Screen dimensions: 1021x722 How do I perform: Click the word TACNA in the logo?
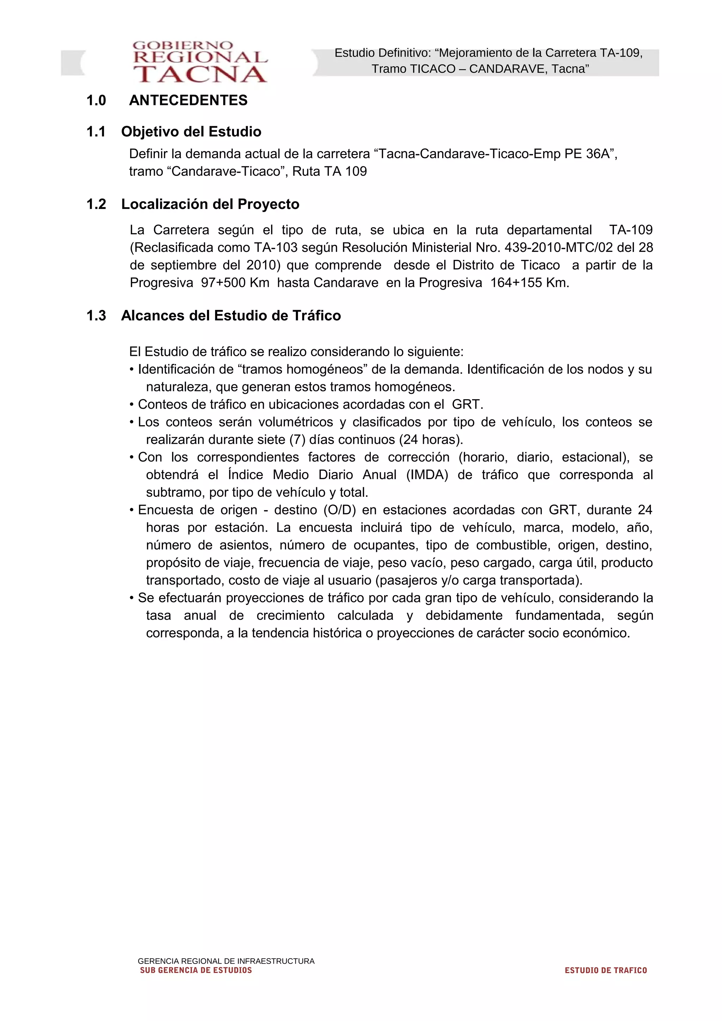coord(200,74)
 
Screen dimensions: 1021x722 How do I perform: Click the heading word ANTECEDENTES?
coord(188,100)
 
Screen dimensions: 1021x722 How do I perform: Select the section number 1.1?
coord(96,132)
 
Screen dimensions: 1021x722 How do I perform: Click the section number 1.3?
coord(96,316)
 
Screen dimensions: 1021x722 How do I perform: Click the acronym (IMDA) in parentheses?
coord(427,475)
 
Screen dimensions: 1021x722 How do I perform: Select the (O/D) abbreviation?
coord(340,510)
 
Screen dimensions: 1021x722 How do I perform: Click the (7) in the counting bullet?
coord(297,440)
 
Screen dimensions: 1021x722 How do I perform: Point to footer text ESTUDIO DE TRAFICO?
coord(605,970)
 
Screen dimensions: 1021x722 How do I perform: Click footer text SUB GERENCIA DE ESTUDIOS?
coord(196,970)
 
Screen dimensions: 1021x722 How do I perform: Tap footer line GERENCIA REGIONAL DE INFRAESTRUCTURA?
coord(226,961)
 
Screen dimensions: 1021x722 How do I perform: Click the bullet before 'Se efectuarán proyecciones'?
coord(132,598)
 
